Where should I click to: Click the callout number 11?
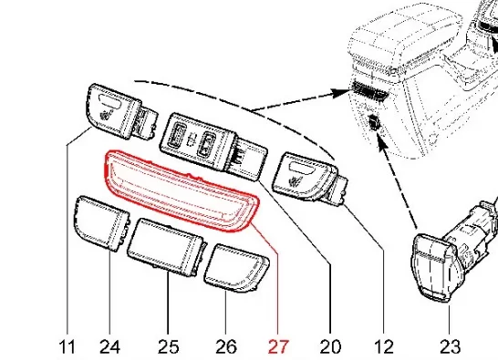coord(67,346)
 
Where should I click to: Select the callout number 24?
coord(109,346)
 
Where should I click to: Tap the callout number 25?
coord(169,346)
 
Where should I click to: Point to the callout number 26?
coord(226,346)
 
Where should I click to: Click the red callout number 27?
coord(278,346)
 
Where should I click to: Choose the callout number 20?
coord(330,346)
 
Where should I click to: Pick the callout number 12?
coord(384,346)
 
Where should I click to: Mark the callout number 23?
coord(450,346)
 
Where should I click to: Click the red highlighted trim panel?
coord(181,190)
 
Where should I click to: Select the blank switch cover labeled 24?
coord(101,223)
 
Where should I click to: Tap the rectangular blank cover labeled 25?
coord(165,247)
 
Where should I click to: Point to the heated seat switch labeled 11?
coord(120,112)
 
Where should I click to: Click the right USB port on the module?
coord(207,145)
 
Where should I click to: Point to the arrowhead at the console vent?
coord(342,92)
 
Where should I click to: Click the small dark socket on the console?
coord(374,123)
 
